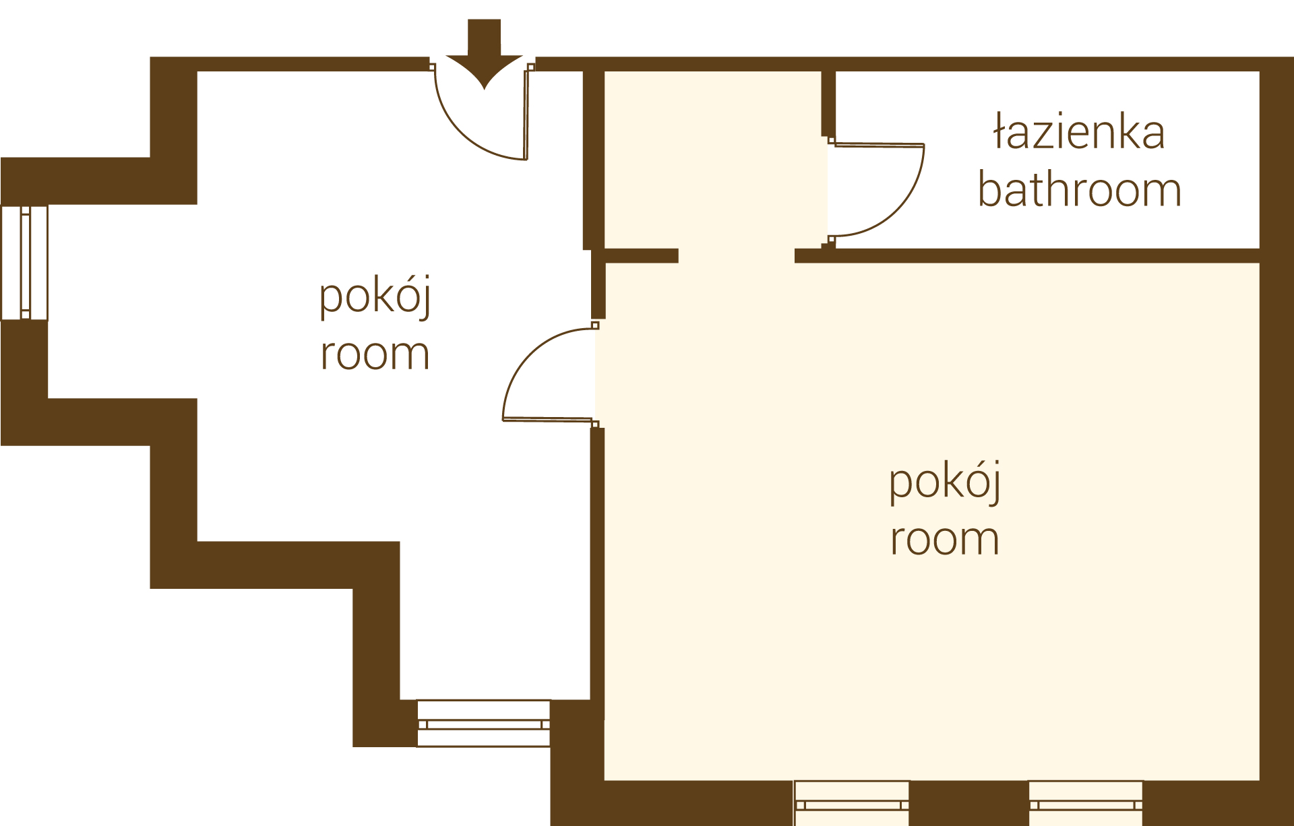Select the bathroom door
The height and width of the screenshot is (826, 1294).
pyautogui.click(x=876, y=190)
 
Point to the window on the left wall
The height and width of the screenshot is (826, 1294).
pyautogui.click(x=25, y=263)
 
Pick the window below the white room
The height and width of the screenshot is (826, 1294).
pyautogui.click(x=483, y=724)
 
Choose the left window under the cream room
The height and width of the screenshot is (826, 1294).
pyautogui.click(x=852, y=803)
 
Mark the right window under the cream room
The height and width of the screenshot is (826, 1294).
pyautogui.click(x=1086, y=803)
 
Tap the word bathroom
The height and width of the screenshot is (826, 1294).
pyautogui.click(x=1080, y=189)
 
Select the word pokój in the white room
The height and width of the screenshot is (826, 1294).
pyautogui.click(x=375, y=296)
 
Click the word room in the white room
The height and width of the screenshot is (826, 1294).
pyautogui.click(x=375, y=354)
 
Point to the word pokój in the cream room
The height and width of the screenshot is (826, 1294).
pyautogui.click(x=945, y=482)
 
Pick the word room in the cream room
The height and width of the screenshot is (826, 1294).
pyautogui.click(x=945, y=540)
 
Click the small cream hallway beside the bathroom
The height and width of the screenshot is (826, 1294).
pyautogui.click(x=714, y=160)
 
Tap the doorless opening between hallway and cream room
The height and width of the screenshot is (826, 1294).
pyautogui.click(x=737, y=255)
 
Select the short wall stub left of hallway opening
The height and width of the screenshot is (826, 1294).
pyautogui.click(x=641, y=255)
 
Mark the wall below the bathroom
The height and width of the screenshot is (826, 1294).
pyautogui.click(x=1027, y=255)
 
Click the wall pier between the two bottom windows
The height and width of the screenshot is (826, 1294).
pyautogui.click(x=969, y=803)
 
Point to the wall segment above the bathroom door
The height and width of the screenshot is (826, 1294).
pyautogui.click(x=828, y=104)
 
